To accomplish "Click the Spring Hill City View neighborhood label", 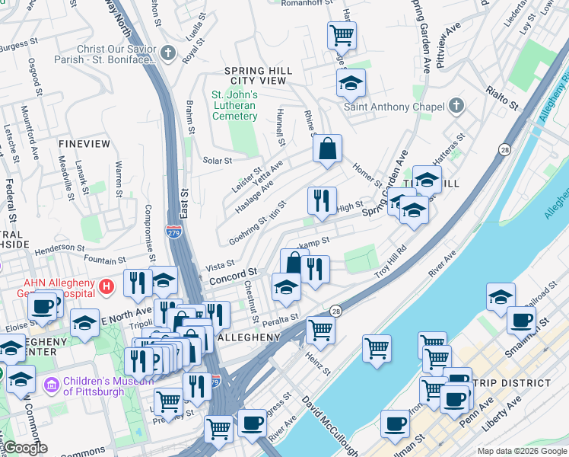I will (x=258, y=75).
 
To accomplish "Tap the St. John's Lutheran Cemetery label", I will (x=234, y=105).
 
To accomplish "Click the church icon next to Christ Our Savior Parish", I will (x=168, y=54).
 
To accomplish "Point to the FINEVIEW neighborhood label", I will (x=84, y=143).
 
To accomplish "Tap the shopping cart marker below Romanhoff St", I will (x=342, y=34).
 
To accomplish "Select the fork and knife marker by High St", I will (x=322, y=200).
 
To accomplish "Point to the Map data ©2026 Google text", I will (x=522, y=451).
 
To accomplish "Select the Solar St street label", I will (x=217, y=161).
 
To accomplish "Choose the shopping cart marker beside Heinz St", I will (x=320, y=331).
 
